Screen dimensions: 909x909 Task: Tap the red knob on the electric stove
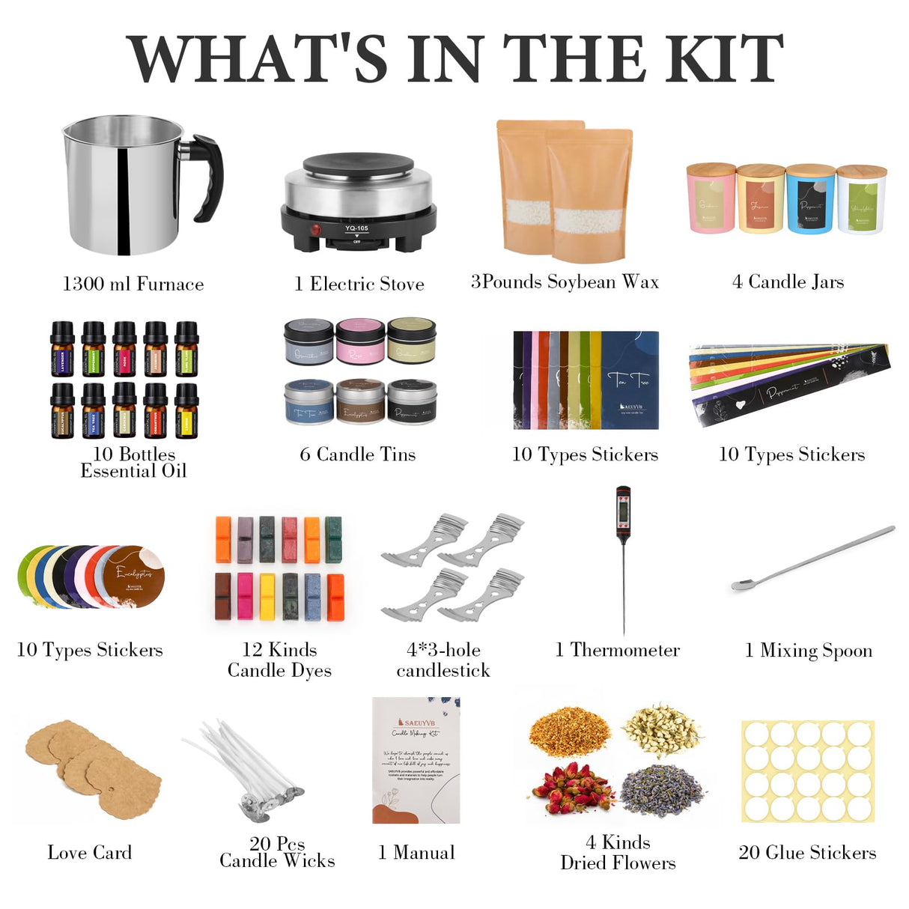315,230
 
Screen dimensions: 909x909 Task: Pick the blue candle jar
810,198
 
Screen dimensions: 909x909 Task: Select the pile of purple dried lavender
663,790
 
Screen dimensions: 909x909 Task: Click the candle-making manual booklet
416,760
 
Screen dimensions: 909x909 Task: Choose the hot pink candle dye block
245,596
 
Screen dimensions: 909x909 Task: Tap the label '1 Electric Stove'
359,284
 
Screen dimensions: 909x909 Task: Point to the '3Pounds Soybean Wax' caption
565,282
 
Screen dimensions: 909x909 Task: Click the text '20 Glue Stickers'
807,852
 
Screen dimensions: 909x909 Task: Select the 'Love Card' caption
89,852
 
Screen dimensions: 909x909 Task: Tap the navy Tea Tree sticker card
630,380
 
